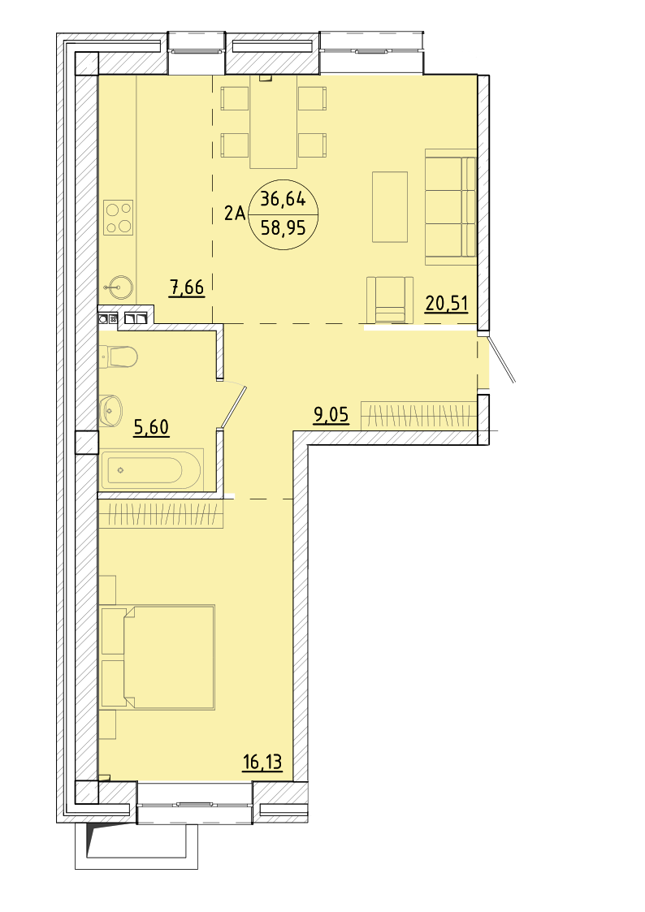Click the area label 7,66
point(187,287)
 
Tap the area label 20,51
point(447,303)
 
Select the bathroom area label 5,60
point(151,427)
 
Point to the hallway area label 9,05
point(331,415)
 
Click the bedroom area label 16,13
point(262,762)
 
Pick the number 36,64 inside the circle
point(283,199)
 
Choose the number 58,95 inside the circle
point(284,227)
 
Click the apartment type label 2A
point(235,214)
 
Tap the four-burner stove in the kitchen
point(118,218)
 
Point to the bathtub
point(151,469)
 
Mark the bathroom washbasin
point(110,411)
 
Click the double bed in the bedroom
point(169,657)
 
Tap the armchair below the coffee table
point(390,300)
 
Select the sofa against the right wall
point(451,206)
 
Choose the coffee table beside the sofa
point(390,206)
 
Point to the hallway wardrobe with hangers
point(419,415)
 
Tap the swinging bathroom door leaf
point(235,407)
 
